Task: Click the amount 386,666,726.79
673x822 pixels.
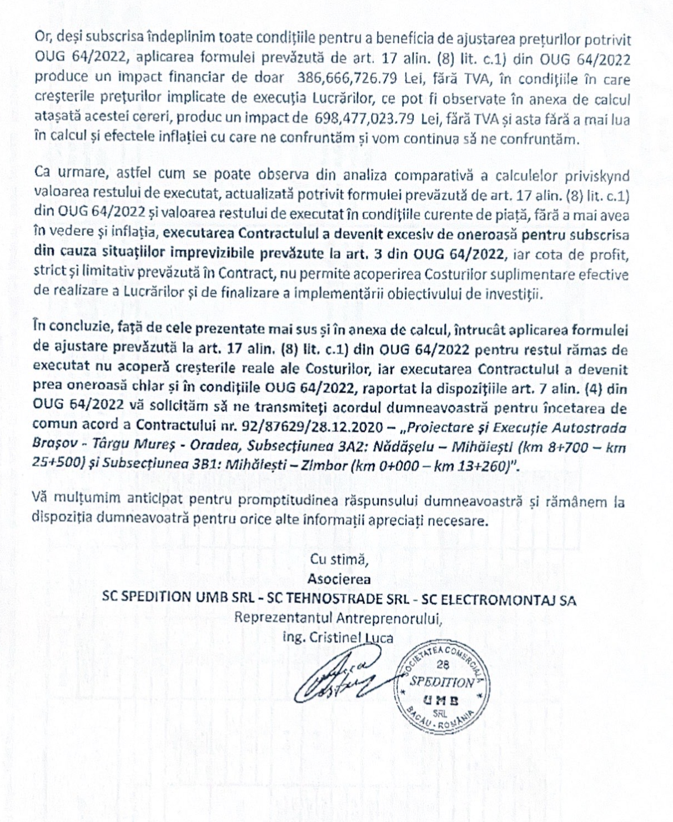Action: coord(347,78)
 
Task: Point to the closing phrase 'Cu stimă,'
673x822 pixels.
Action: coord(339,559)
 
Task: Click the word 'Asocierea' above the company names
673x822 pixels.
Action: coord(339,579)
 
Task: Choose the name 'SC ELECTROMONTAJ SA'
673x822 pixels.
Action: coord(498,599)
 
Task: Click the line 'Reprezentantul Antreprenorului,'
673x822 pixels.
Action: coord(339,618)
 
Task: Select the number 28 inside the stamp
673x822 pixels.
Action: coord(443,665)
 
